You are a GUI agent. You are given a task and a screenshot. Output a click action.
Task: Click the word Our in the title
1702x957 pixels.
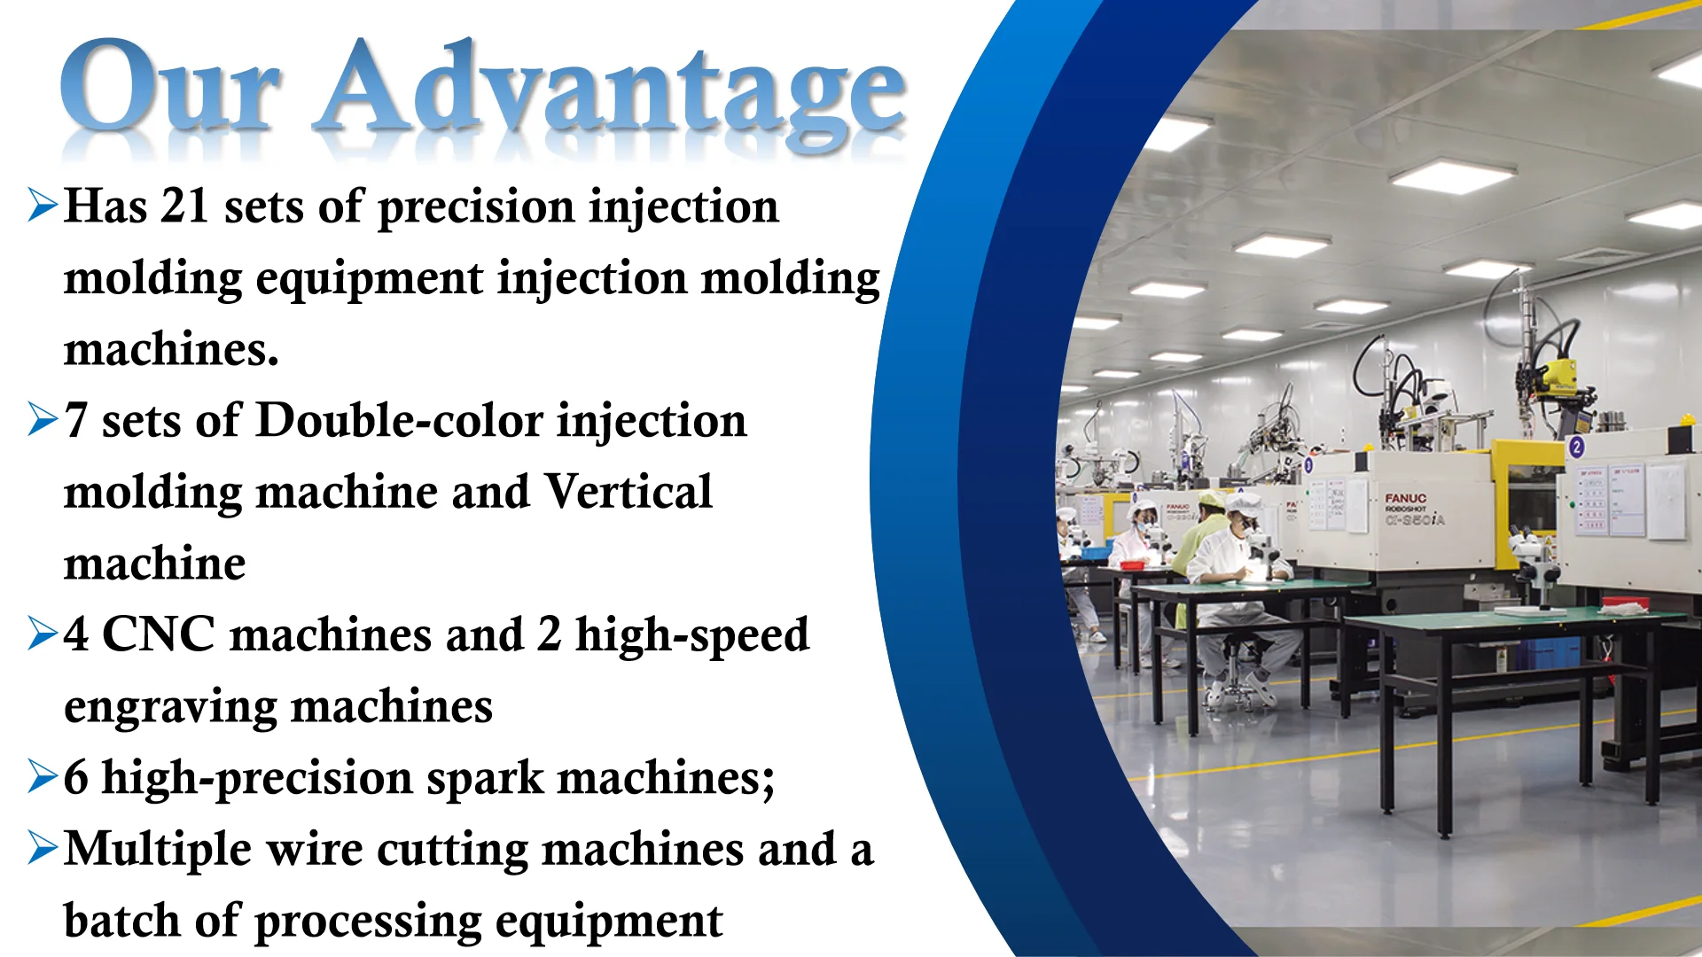tap(170, 86)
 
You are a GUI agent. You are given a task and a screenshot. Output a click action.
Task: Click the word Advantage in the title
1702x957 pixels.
tap(612, 94)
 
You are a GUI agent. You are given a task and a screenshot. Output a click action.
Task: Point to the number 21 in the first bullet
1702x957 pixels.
tap(184, 206)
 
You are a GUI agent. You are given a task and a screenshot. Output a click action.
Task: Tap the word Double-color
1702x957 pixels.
tap(399, 420)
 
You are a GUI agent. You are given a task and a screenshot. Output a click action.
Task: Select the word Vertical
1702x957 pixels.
tap(628, 492)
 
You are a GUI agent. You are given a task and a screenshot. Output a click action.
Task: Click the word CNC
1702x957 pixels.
tap(159, 634)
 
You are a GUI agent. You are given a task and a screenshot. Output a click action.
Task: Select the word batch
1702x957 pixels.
tap(122, 921)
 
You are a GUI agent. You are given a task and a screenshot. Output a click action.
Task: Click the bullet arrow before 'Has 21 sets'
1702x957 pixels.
tap(43, 205)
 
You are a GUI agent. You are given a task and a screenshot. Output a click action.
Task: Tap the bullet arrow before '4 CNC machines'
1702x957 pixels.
tap(43, 634)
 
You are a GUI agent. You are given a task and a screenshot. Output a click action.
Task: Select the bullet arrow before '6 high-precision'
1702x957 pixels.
tap(43, 776)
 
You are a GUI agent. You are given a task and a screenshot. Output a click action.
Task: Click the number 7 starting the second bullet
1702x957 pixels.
tap(76, 421)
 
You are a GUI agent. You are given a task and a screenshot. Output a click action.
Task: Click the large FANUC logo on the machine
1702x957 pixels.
tap(1406, 499)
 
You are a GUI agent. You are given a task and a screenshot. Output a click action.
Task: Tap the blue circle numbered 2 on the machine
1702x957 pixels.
tap(1576, 446)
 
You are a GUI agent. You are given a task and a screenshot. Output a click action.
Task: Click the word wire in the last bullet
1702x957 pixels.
tap(315, 849)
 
